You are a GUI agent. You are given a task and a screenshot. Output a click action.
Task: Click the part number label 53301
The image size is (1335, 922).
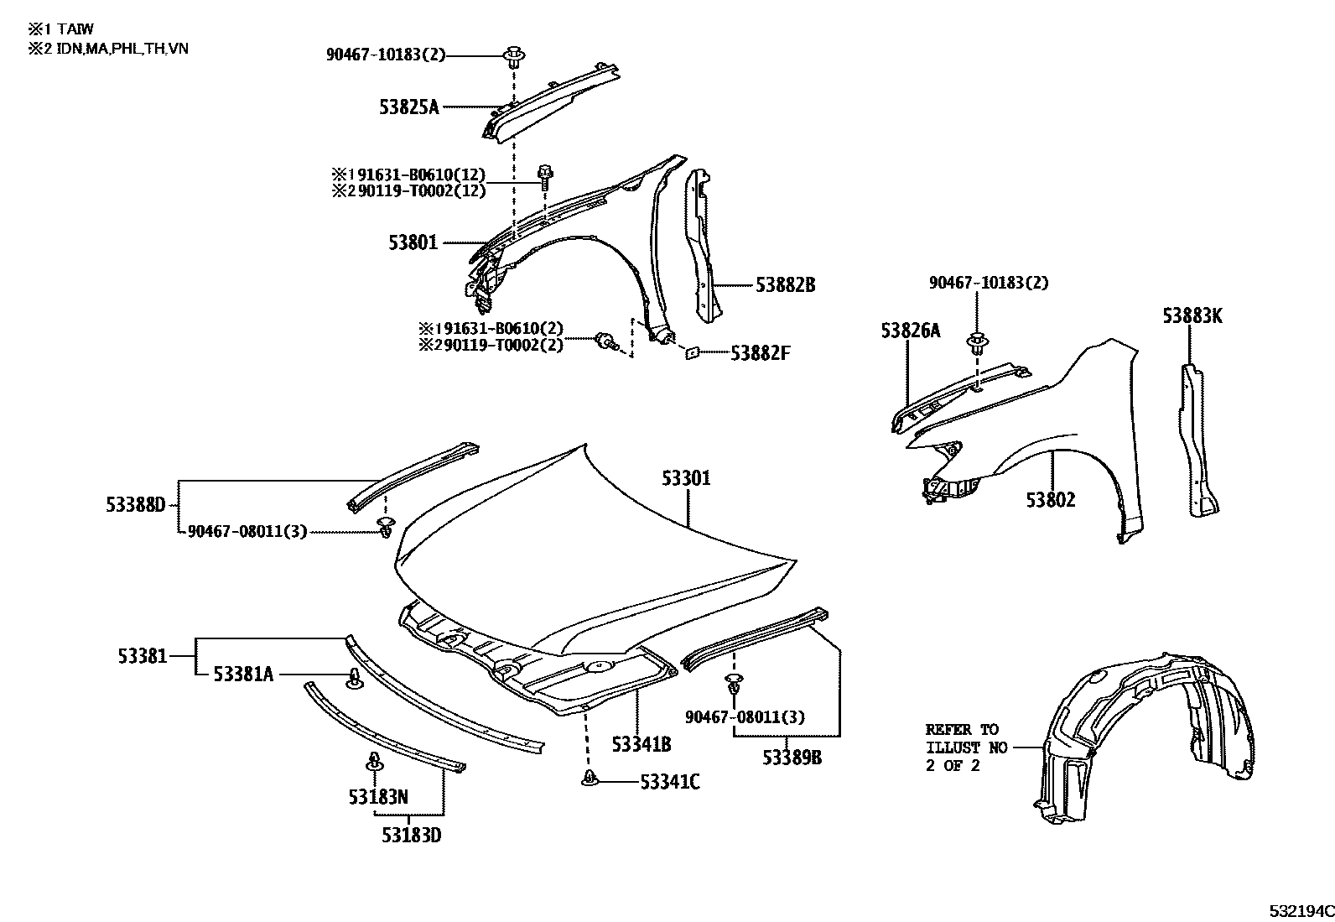tap(685, 478)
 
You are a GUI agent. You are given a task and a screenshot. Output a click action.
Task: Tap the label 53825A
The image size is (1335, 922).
tap(409, 107)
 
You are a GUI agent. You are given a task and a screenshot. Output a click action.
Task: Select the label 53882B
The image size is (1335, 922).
tap(785, 285)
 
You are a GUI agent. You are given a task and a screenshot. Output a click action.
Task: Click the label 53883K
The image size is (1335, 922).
tap(1192, 316)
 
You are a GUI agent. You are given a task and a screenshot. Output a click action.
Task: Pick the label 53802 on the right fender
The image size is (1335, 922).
tap(1050, 500)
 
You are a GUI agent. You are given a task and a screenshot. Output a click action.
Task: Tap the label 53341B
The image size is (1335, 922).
tap(641, 744)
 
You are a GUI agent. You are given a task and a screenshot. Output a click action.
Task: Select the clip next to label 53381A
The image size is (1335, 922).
tap(355, 677)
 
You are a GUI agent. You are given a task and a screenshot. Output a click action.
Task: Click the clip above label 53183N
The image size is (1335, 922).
tap(374, 763)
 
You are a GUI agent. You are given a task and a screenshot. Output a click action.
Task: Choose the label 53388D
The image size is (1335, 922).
tap(136, 505)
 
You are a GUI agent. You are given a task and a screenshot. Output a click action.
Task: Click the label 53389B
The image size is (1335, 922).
tap(792, 757)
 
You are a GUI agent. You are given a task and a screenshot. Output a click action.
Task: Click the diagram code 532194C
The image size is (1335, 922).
tap(1300, 910)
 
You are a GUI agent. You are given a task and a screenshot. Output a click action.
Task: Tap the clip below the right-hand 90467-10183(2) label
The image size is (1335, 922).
tap(976, 343)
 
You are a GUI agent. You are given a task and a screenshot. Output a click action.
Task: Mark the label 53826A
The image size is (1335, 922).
tap(910, 331)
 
